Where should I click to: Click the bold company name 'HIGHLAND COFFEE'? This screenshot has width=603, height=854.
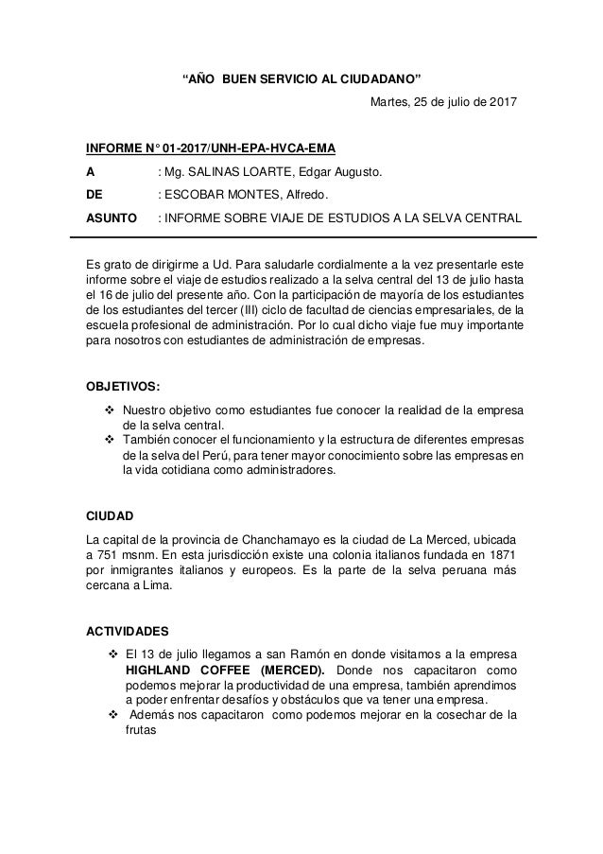[183, 671]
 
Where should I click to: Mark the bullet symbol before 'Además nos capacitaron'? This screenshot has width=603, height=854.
[113, 714]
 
